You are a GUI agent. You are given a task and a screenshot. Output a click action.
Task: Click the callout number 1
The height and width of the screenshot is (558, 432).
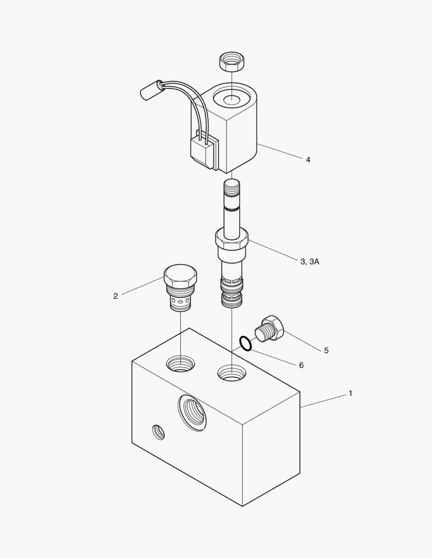350,393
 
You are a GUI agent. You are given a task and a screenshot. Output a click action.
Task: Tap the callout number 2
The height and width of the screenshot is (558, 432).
115,296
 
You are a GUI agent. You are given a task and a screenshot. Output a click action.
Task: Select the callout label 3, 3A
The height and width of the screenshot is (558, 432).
310,262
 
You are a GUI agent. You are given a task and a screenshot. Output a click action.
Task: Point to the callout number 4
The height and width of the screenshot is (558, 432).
308,160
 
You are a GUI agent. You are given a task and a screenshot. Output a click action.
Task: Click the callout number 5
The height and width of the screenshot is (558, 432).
326,350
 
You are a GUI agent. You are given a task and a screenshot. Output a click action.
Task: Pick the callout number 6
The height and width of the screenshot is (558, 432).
301,365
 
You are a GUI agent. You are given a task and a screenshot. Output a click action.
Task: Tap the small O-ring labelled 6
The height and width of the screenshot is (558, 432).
246,344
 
